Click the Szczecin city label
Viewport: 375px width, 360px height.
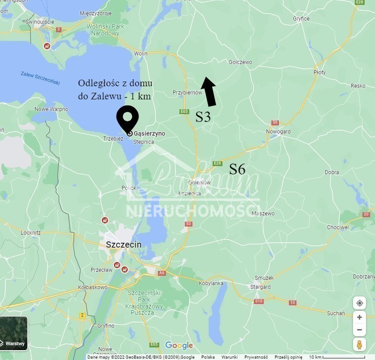123,245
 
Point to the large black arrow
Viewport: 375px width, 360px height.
208,91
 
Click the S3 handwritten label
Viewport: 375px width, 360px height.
203,117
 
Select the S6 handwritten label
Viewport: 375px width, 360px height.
237,169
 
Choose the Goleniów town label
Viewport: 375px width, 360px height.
200,183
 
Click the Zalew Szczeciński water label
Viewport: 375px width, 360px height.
40,78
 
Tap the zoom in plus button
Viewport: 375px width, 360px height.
360,317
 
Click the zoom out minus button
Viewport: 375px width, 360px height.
360,330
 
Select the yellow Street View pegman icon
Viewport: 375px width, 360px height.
360,345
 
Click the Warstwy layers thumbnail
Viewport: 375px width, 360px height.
14,333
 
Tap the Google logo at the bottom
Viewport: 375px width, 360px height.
179,345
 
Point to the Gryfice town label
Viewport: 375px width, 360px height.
301,19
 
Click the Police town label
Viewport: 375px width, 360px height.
129,188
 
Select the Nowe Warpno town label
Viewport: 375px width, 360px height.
51,109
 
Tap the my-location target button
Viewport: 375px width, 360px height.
360,303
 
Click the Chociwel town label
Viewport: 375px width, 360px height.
338,227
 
